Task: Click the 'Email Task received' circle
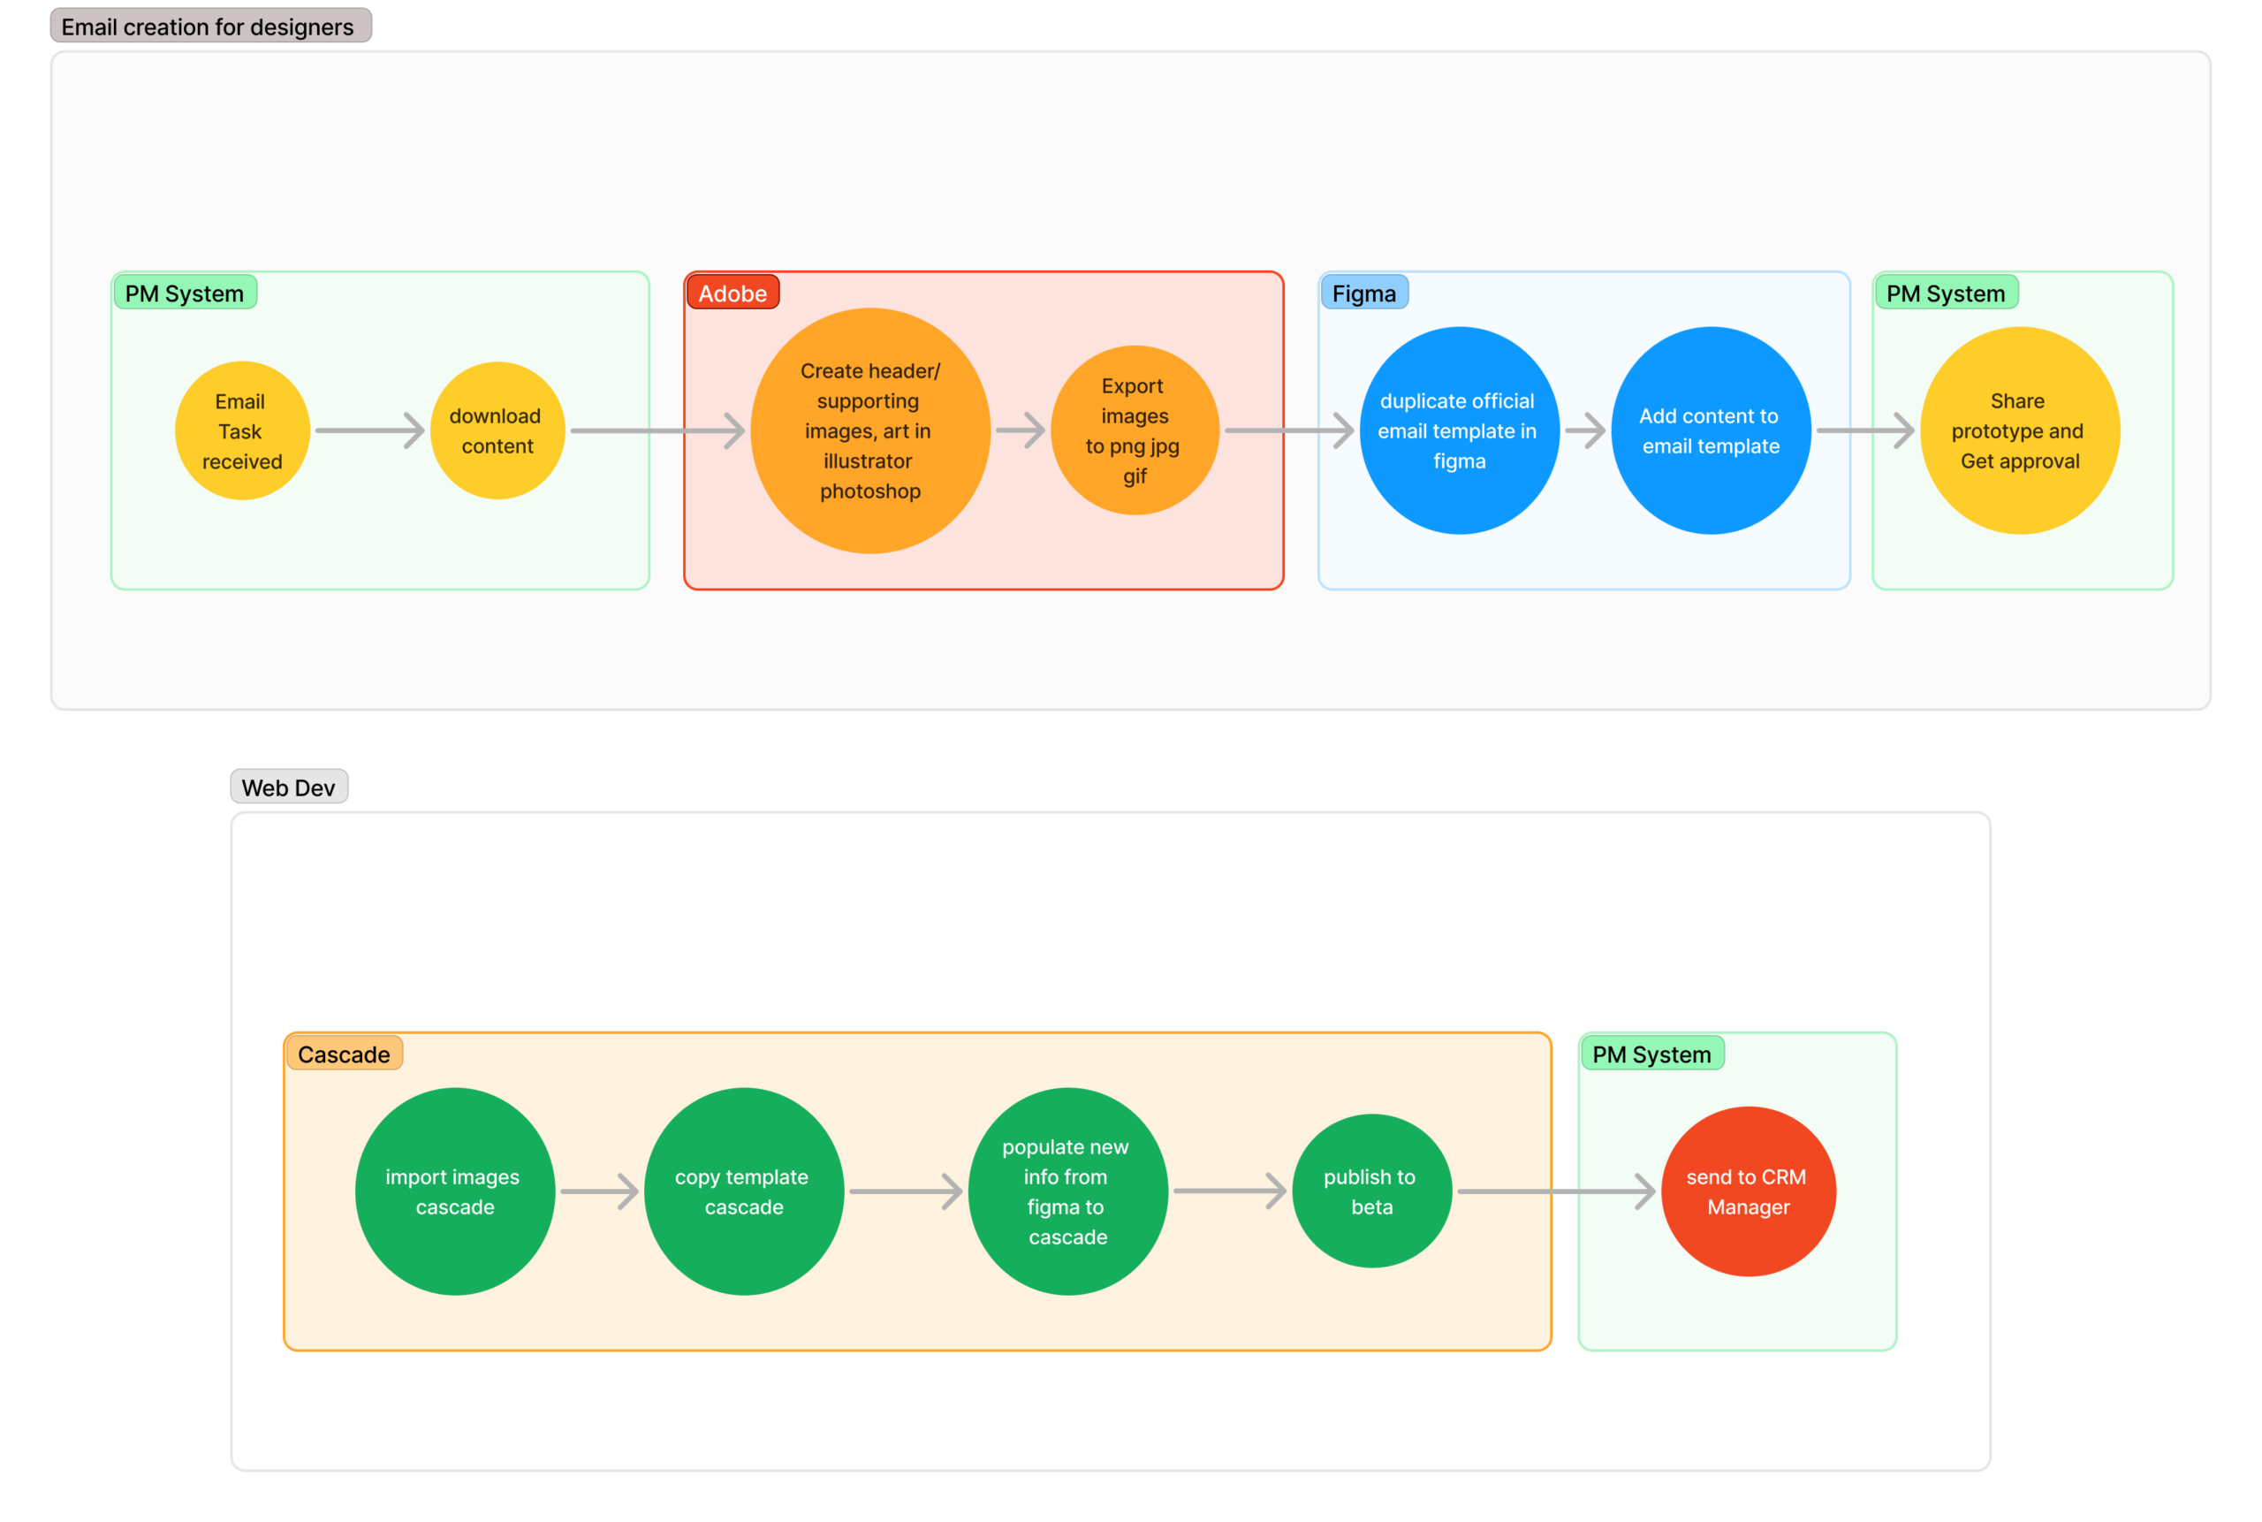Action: [x=241, y=431]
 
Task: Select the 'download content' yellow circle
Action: [x=497, y=431]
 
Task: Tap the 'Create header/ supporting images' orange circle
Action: [x=869, y=431]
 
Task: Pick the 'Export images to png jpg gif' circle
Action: [x=1135, y=431]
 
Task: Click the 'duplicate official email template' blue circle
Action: [x=1459, y=431]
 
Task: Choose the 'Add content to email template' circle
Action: [x=1710, y=431]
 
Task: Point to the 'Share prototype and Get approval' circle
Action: [x=2019, y=431]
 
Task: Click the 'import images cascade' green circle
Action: [x=454, y=1191]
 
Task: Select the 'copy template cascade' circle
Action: [x=743, y=1191]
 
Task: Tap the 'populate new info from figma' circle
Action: [x=1067, y=1191]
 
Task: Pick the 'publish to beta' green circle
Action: [x=1371, y=1191]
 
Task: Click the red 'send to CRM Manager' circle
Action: [x=1748, y=1191]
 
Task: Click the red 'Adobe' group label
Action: [x=732, y=293]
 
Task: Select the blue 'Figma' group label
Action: [x=1363, y=293]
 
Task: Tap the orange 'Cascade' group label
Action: [x=344, y=1054]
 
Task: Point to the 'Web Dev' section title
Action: [x=288, y=788]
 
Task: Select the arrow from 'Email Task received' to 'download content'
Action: [x=369, y=431]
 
